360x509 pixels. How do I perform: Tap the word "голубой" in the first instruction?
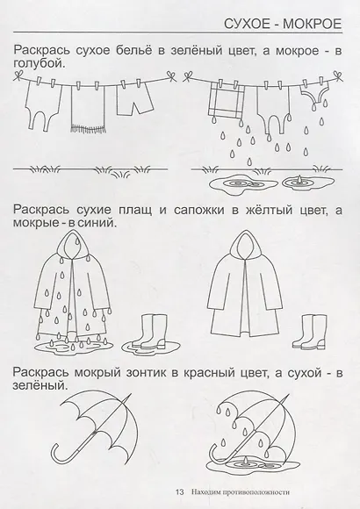tap(42, 64)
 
